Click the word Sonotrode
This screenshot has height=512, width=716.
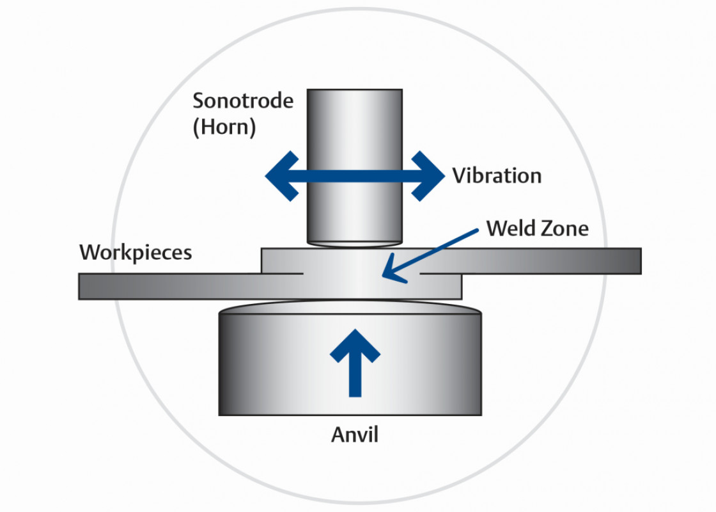(x=243, y=101)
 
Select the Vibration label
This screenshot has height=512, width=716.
(x=497, y=175)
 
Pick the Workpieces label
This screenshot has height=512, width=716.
(x=136, y=252)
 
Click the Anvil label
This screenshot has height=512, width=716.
(x=355, y=435)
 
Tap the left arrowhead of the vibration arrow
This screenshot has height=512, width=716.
(x=280, y=176)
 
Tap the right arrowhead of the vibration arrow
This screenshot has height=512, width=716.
(x=430, y=176)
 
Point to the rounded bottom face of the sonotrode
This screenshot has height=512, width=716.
(x=355, y=243)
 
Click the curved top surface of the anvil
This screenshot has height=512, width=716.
(x=350, y=308)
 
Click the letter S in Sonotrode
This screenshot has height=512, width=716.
(x=199, y=101)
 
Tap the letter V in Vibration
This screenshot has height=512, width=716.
(x=458, y=175)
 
